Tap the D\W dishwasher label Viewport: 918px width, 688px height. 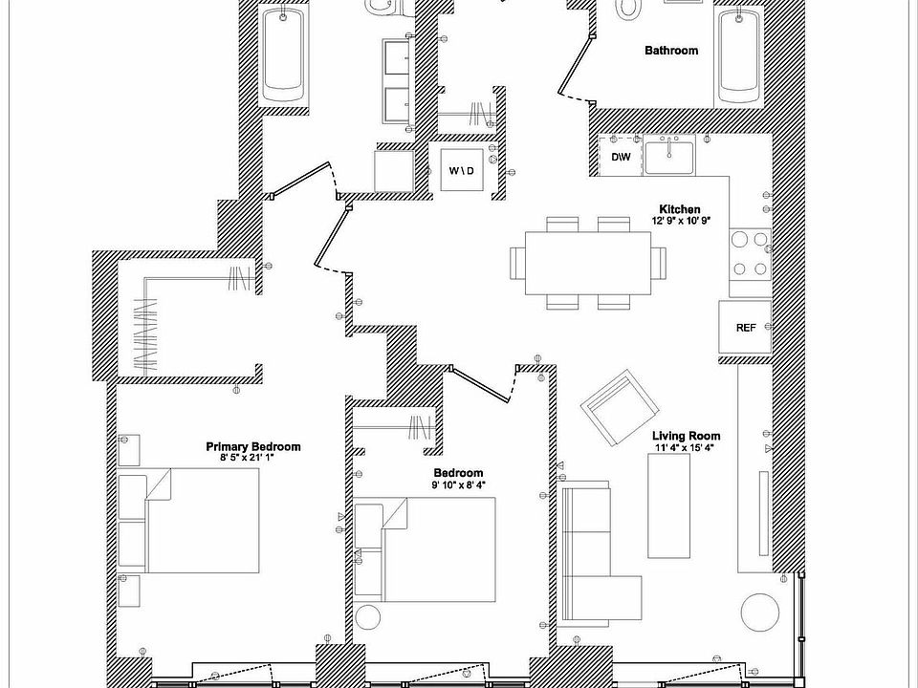(x=621, y=157)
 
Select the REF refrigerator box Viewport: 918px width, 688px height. (x=746, y=328)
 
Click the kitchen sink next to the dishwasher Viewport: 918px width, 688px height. (x=669, y=154)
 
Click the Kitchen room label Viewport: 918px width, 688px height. (x=679, y=209)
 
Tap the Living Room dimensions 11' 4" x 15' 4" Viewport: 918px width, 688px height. (x=685, y=447)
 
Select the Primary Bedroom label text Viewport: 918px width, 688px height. (x=253, y=446)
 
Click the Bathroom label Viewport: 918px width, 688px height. (x=670, y=51)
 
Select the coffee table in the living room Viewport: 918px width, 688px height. (x=669, y=505)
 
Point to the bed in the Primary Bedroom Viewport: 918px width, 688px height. (x=201, y=522)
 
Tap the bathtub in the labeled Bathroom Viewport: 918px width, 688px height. (x=739, y=57)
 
